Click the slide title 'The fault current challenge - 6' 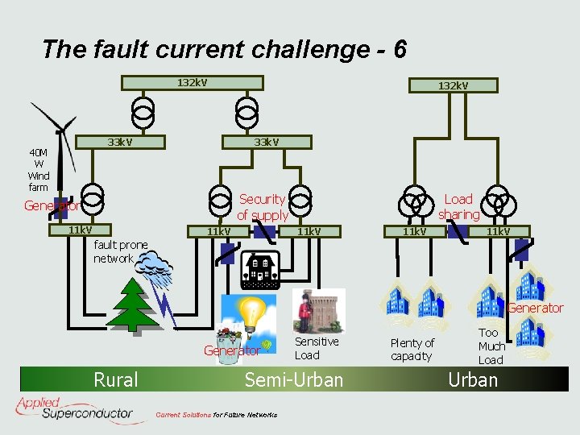coord(224,50)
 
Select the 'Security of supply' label coord(263,207)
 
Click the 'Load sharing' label coord(458,206)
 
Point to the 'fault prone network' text coord(121,251)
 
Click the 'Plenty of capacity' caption coord(412,350)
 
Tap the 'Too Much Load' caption coord(491,346)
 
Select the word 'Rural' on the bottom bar coord(116,379)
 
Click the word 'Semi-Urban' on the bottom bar coord(294,379)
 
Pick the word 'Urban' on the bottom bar coord(473,379)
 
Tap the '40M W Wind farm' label coord(39,169)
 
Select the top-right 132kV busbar coord(453,85)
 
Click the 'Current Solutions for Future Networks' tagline coord(216,415)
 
